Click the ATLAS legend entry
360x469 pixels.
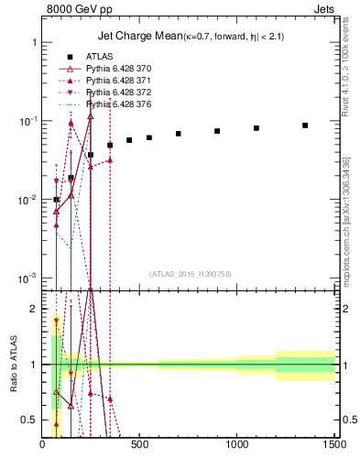click(99, 57)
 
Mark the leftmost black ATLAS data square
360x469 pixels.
click(57, 200)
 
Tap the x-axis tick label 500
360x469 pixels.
click(140, 446)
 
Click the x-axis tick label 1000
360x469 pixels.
click(237, 446)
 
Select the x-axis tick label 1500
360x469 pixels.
click(334, 446)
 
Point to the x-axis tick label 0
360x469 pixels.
click(43, 446)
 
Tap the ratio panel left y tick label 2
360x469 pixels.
click(33, 310)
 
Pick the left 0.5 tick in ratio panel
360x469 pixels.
click(29, 420)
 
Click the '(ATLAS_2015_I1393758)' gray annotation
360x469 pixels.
click(189, 273)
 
